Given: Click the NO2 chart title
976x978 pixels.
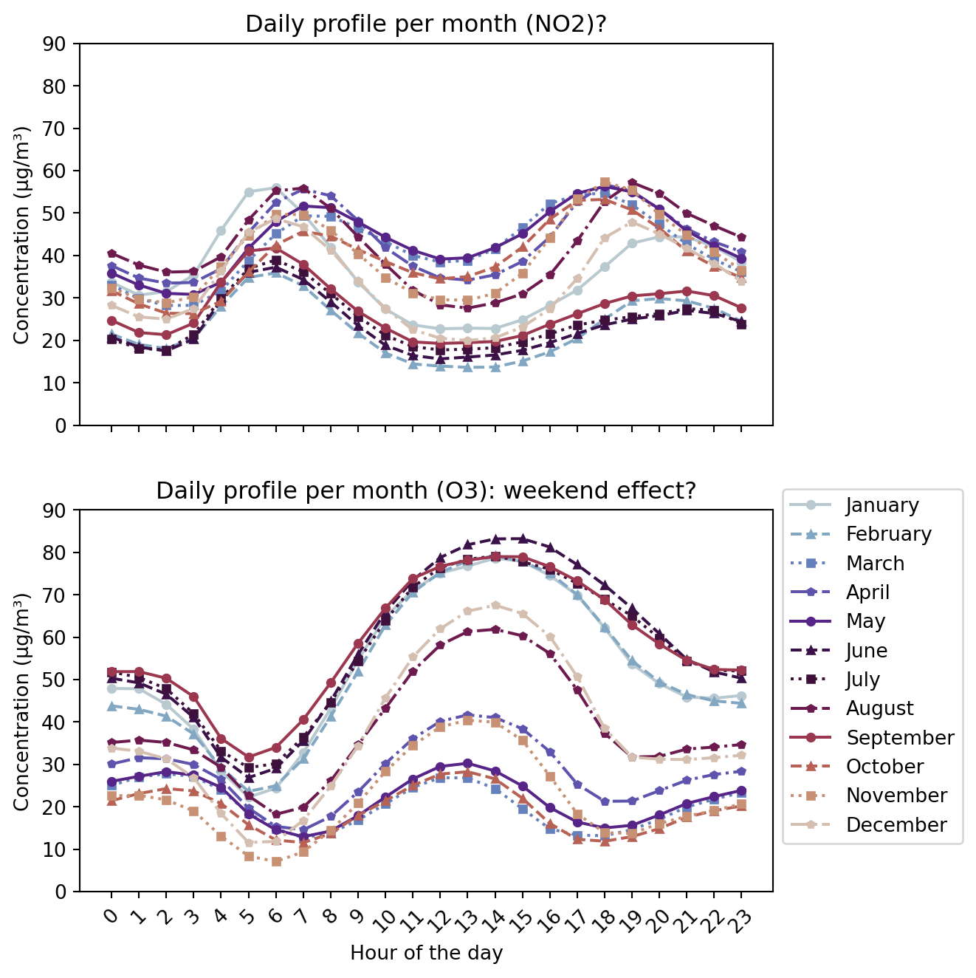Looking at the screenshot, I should tap(426, 24).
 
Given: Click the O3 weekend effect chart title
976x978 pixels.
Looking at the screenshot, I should tap(426, 491).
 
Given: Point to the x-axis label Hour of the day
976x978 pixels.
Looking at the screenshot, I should tap(426, 953).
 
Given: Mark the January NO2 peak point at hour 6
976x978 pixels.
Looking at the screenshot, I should tap(276, 188).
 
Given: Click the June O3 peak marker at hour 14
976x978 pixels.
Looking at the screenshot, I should tap(495, 539).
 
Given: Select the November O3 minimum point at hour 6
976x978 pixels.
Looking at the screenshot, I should tap(276, 861).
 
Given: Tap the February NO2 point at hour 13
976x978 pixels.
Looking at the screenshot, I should tap(467, 367).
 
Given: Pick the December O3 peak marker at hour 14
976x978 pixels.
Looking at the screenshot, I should tap(495, 605).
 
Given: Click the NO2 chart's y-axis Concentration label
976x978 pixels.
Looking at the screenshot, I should tap(21, 235).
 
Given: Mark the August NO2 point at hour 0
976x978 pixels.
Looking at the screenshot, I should tap(111, 254).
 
